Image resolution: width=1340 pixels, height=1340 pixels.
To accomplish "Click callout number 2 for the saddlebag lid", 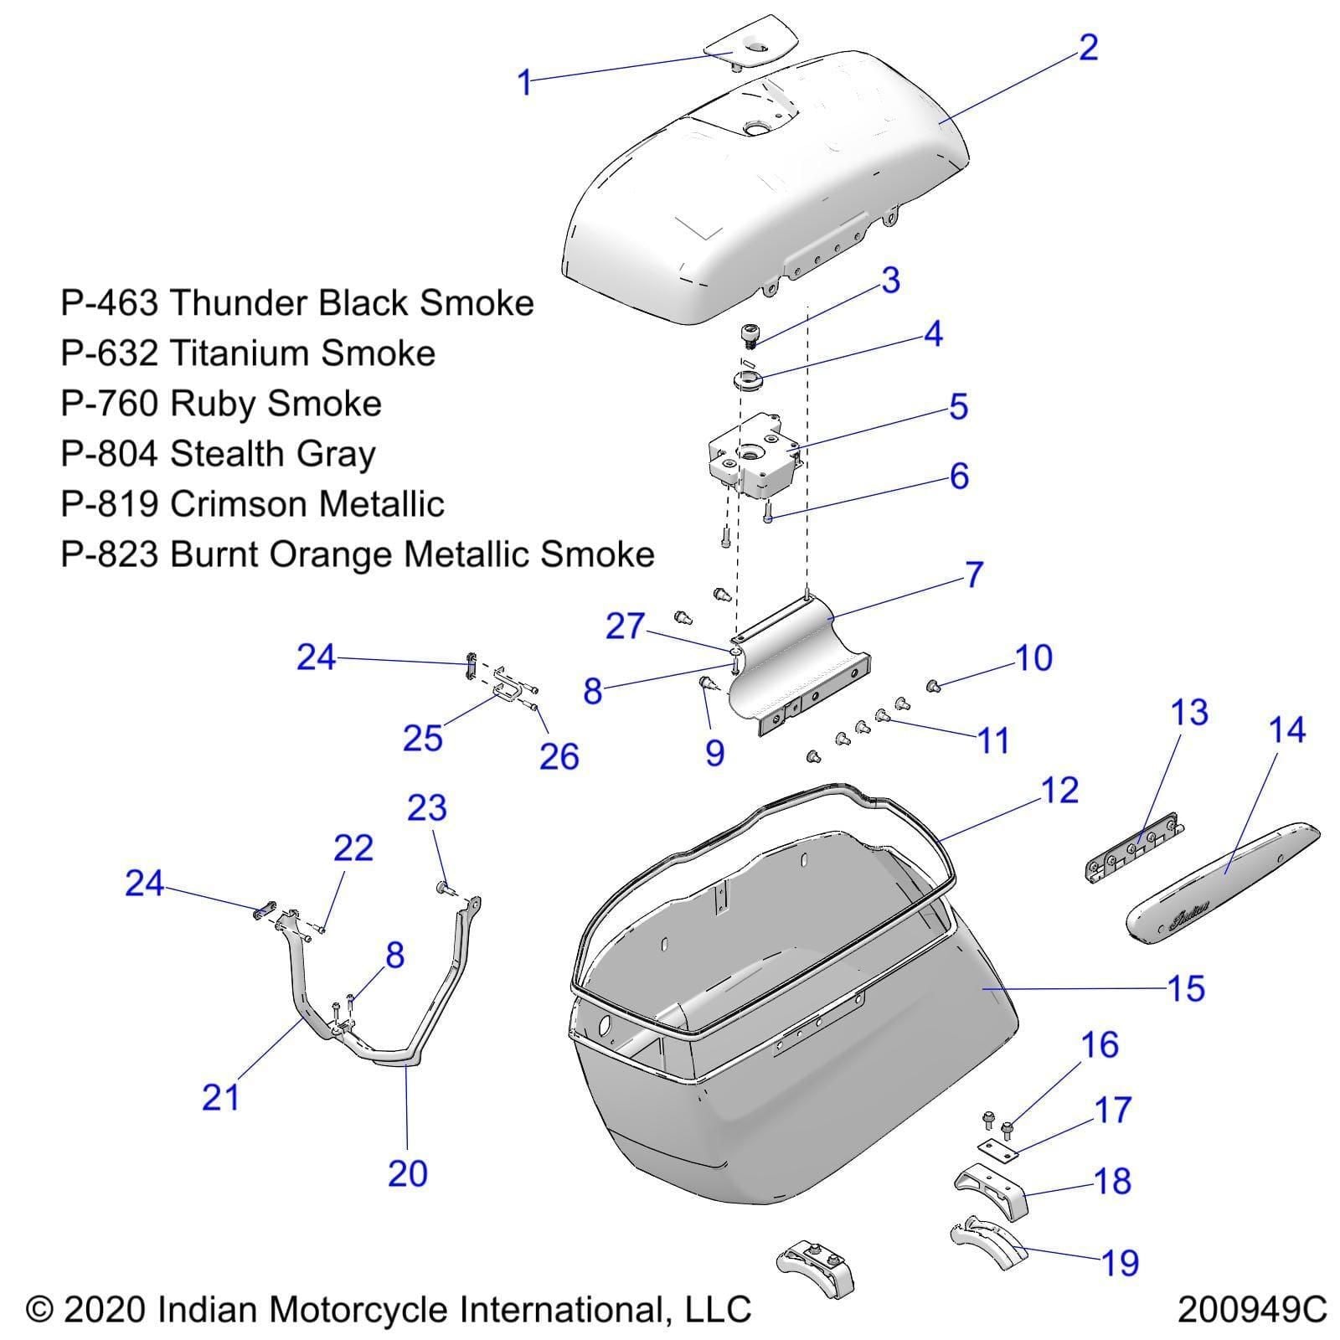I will point(1088,48).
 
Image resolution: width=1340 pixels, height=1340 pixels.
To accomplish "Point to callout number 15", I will point(1185,988).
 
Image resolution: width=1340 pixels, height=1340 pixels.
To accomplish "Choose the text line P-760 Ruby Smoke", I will point(221,404).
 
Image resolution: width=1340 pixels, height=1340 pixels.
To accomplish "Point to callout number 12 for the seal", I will point(1059,791).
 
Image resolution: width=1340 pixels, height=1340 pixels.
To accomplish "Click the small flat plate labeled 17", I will point(997,1148).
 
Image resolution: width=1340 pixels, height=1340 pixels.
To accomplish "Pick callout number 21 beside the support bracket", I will point(221,1097).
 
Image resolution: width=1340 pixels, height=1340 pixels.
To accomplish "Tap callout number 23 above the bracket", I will point(427,808).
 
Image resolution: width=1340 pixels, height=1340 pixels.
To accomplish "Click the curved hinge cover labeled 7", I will point(796,662).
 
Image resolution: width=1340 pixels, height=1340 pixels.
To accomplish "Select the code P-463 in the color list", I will point(109,303).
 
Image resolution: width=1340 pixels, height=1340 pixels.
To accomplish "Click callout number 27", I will point(625,626).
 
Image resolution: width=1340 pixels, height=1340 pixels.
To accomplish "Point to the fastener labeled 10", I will point(935,687).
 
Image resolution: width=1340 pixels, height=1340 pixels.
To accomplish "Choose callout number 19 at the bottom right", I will point(1121,1262).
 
